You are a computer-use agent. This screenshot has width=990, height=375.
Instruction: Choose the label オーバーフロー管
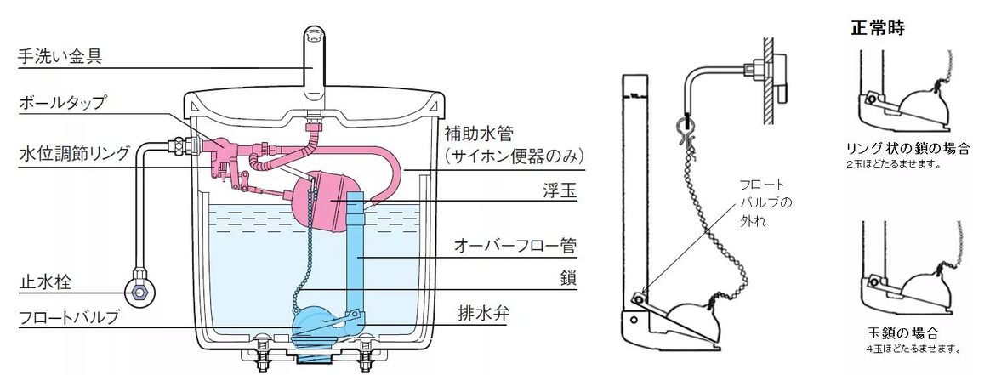tap(515, 247)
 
